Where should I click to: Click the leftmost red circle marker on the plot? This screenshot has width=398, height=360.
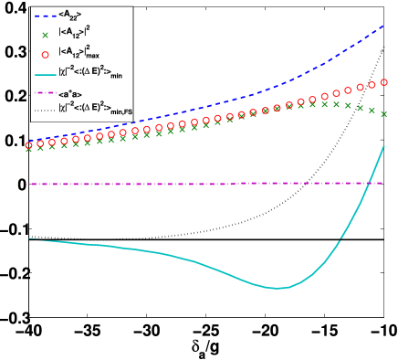[29, 144]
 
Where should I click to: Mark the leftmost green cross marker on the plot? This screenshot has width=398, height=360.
[29, 148]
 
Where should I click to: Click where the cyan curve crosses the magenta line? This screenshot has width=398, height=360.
[367, 183]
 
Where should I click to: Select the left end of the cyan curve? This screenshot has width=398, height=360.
[29, 238]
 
